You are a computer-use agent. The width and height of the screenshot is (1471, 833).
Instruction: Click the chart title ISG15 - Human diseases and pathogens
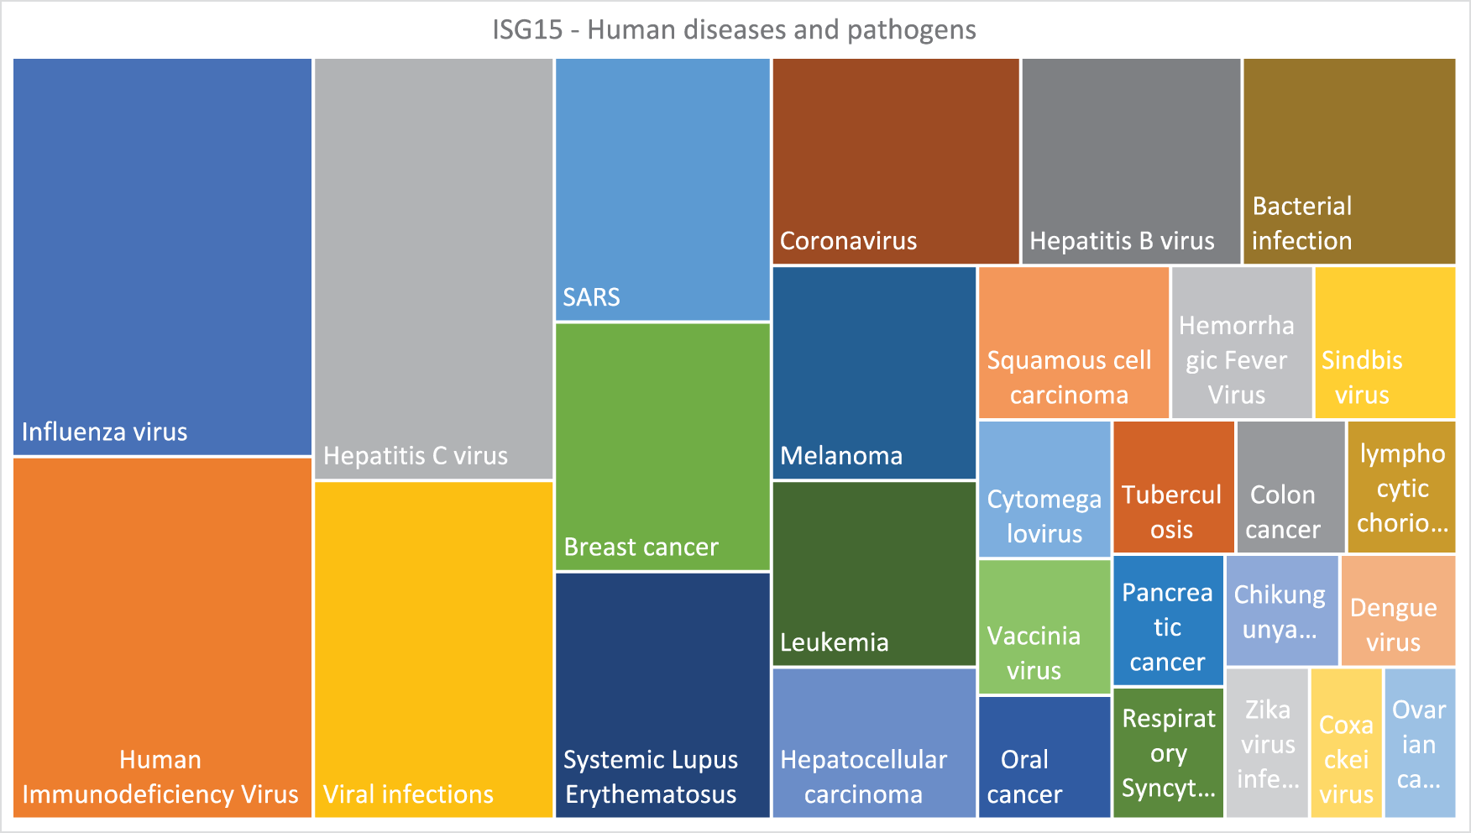(734, 30)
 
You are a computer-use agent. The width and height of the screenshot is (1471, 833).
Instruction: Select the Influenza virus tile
(163, 257)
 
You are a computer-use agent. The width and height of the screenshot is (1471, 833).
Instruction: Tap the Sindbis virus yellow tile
(1385, 343)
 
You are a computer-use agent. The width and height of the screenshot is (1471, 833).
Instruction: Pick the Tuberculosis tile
(1174, 487)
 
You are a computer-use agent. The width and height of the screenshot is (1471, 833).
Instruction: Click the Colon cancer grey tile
(1290, 487)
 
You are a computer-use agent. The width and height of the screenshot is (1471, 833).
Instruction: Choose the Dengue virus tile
(1398, 610)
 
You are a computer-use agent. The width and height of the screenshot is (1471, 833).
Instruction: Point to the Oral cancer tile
(1044, 757)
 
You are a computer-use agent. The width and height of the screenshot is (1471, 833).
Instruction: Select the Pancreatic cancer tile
(1169, 620)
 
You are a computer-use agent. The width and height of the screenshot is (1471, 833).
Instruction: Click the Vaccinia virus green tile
(1044, 626)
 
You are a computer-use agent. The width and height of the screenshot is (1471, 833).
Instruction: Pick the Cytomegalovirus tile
(1044, 490)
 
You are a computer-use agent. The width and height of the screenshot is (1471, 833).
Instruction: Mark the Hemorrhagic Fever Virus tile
(1242, 343)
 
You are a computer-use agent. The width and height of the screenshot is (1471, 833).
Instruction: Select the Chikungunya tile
(1282, 610)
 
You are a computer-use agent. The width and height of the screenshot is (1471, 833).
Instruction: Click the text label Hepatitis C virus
(416, 456)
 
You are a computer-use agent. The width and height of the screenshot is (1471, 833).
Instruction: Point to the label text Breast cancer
(641, 547)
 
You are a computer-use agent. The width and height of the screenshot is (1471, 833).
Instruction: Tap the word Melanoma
(841, 456)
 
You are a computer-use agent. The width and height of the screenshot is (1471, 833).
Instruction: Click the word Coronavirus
(848, 241)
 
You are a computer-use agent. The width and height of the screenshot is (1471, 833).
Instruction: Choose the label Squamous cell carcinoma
(1069, 378)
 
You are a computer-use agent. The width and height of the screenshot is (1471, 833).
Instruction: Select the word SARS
(591, 297)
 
